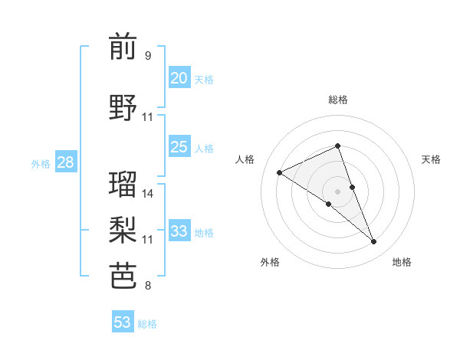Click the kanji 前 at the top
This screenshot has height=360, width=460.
pyautogui.click(x=123, y=47)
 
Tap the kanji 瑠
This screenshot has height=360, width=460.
pyautogui.click(x=123, y=184)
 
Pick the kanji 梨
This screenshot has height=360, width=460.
pyautogui.click(x=123, y=228)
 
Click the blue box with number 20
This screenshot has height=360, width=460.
pyautogui.click(x=179, y=78)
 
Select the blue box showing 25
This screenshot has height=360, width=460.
pyautogui.click(x=179, y=147)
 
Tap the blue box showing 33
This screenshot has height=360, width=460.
pyautogui.click(x=179, y=231)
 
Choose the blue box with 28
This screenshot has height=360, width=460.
pyautogui.click(x=65, y=162)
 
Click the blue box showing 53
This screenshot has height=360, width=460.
pyautogui.click(x=123, y=322)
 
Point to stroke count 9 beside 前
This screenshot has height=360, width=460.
pyautogui.click(x=148, y=56)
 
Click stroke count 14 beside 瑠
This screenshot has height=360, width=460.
pyautogui.click(x=148, y=193)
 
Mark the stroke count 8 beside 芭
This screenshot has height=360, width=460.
pyautogui.click(x=148, y=286)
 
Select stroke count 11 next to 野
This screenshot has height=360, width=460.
pyautogui.click(x=148, y=117)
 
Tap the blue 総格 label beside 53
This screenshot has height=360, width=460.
pyautogui.click(x=147, y=324)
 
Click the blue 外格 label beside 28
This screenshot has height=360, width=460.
pyautogui.click(x=41, y=163)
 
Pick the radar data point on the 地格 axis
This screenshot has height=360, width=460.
pyautogui.click(x=374, y=242)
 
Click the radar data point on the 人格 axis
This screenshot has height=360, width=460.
pyautogui.click(x=280, y=173)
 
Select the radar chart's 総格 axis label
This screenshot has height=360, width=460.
pyautogui.click(x=337, y=100)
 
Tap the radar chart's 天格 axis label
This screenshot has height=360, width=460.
pyautogui.click(x=432, y=159)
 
